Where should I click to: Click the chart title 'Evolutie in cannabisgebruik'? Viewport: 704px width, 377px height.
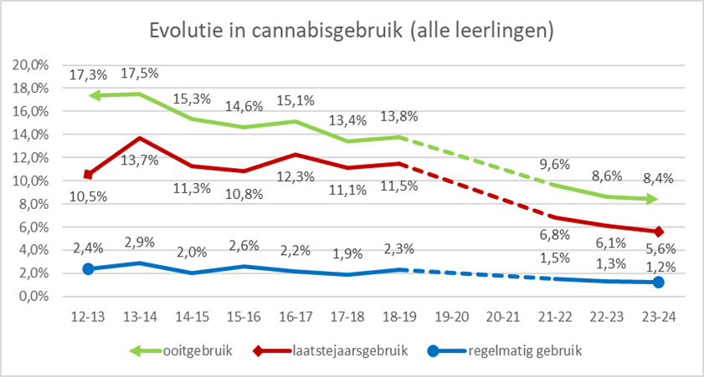[x=352, y=30]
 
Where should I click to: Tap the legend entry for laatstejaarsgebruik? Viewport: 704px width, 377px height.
[x=344, y=351]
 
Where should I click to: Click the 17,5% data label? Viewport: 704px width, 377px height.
[x=141, y=74]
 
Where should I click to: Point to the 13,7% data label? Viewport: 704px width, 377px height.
[x=140, y=159]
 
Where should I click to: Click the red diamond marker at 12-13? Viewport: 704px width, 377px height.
[x=87, y=175]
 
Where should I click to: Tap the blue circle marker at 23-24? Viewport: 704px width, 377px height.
[x=658, y=283]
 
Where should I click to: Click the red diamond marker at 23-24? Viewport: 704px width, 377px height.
[x=658, y=232]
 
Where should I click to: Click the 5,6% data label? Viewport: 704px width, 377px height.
[x=659, y=248]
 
